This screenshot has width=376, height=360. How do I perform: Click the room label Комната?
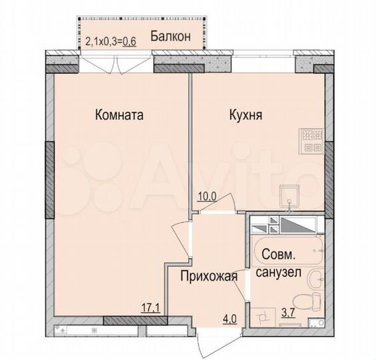120,115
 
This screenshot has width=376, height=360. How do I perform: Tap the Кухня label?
245,115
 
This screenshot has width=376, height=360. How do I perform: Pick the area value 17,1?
151,308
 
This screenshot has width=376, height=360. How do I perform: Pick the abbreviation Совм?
279,255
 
